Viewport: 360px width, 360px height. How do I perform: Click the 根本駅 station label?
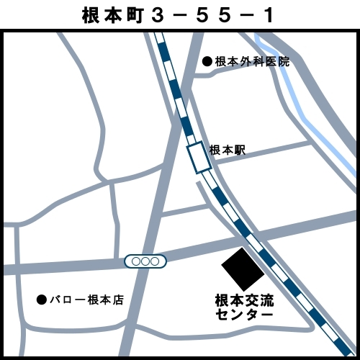[x=228, y=150]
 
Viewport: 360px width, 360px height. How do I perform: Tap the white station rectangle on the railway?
[x=199, y=157]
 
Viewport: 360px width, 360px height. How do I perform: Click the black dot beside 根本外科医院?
[x=207, y=62]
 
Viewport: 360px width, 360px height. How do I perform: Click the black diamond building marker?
[x=243, y=269]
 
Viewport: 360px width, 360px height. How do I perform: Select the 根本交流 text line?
[x=245, y=300]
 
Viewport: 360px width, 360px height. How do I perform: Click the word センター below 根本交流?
[x=245, y=315]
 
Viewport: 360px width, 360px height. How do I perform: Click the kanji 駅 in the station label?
[x=240, y=150]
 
